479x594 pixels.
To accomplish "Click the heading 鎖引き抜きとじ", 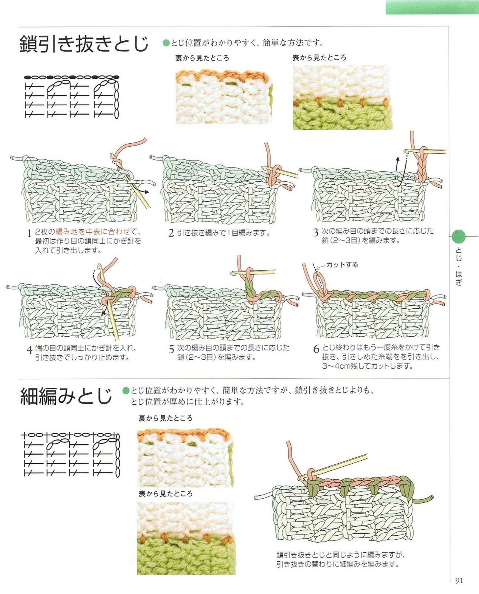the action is click(84, 44).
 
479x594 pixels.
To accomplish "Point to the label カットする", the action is click(342, 265).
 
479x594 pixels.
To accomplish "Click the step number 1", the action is click(29, 234).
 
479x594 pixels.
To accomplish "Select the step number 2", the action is click(171, 233).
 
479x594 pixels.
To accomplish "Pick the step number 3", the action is click(316, 233).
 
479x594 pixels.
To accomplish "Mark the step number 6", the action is click(316, 349).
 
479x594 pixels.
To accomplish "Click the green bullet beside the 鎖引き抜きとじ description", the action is click(166, 43).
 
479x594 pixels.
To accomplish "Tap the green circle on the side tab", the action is click(459, 236).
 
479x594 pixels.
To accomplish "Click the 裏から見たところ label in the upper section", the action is click(202, 58).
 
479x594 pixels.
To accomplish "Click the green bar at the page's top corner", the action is click(432, 7).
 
